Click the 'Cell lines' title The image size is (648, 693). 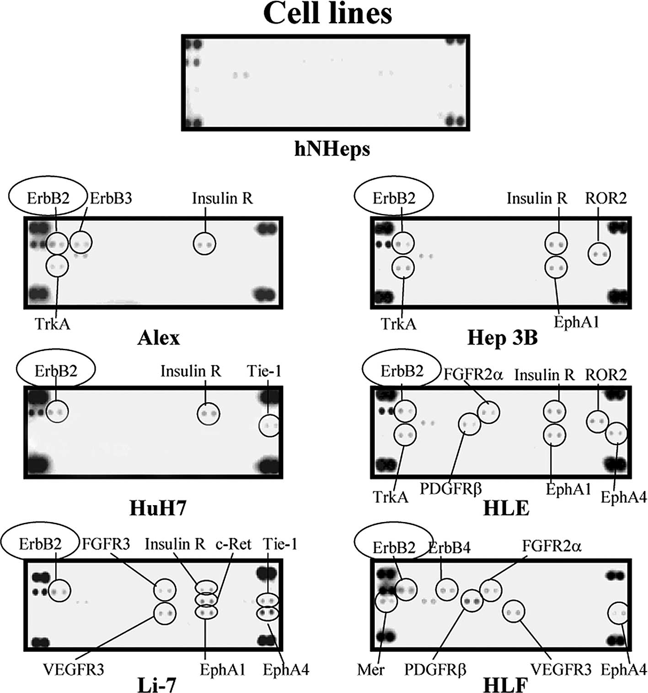[x=327, y=14]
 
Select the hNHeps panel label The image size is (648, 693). [x=332, y=149]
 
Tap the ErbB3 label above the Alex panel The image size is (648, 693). [x=111, y=198]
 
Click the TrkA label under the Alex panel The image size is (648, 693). [x=53, y=324]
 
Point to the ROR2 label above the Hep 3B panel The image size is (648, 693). [x=606, y=198]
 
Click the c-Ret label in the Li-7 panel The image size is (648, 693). [x=234, y=544]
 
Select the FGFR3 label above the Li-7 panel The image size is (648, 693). [x=106, y=544]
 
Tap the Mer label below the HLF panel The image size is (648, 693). [x=371, y=670]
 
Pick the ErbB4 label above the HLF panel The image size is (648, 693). [x=449, y=548]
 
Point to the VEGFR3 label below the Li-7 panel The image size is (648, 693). [x=74, y=670]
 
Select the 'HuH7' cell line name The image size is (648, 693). [x=158, y=508]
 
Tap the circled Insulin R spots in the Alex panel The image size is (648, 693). [x=204, y=244]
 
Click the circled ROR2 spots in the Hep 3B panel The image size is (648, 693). [x=599, y=254]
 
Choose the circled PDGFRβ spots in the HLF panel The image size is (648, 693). [x=472, y=601]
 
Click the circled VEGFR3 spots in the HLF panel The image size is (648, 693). [x=514, y=612]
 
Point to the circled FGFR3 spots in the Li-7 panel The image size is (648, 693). [x=165, y=590]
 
